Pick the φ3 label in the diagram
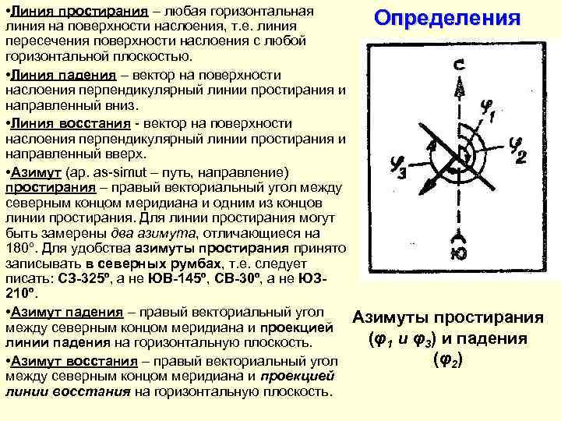[x=397, y=166]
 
